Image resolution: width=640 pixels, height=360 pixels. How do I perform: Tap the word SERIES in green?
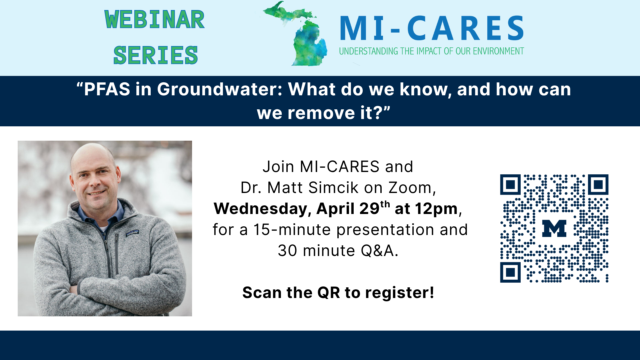pyautogui.click(x=155, y=55)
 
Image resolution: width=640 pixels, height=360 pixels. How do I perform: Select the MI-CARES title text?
pyautogui.click(x=432, y=29)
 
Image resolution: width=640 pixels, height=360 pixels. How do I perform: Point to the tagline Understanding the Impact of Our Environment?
pyautogui.click(x=431, y=51)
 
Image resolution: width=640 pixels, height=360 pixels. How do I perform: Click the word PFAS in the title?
pyautogui.click(x=107, y=89)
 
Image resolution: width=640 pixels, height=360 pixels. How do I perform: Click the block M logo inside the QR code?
pyautogui.click(x=554, y=228)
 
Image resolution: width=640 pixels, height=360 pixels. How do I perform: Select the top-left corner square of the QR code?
pyautogui.click(x=510, y=184)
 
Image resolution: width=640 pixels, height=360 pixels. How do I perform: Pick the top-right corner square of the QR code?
pyautogui.click(x=598, y=184)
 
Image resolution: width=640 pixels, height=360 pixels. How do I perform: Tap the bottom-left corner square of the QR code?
pyautogui.click(x=510, y=272)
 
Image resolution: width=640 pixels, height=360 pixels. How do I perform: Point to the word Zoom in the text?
pyautogui.click(x=410, y=188)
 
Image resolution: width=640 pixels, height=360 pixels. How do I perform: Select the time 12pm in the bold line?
pyautogui.click(x=436, y=209)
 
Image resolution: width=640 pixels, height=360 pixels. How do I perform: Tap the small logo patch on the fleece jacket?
pyautogui.click(x=132, y=233)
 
